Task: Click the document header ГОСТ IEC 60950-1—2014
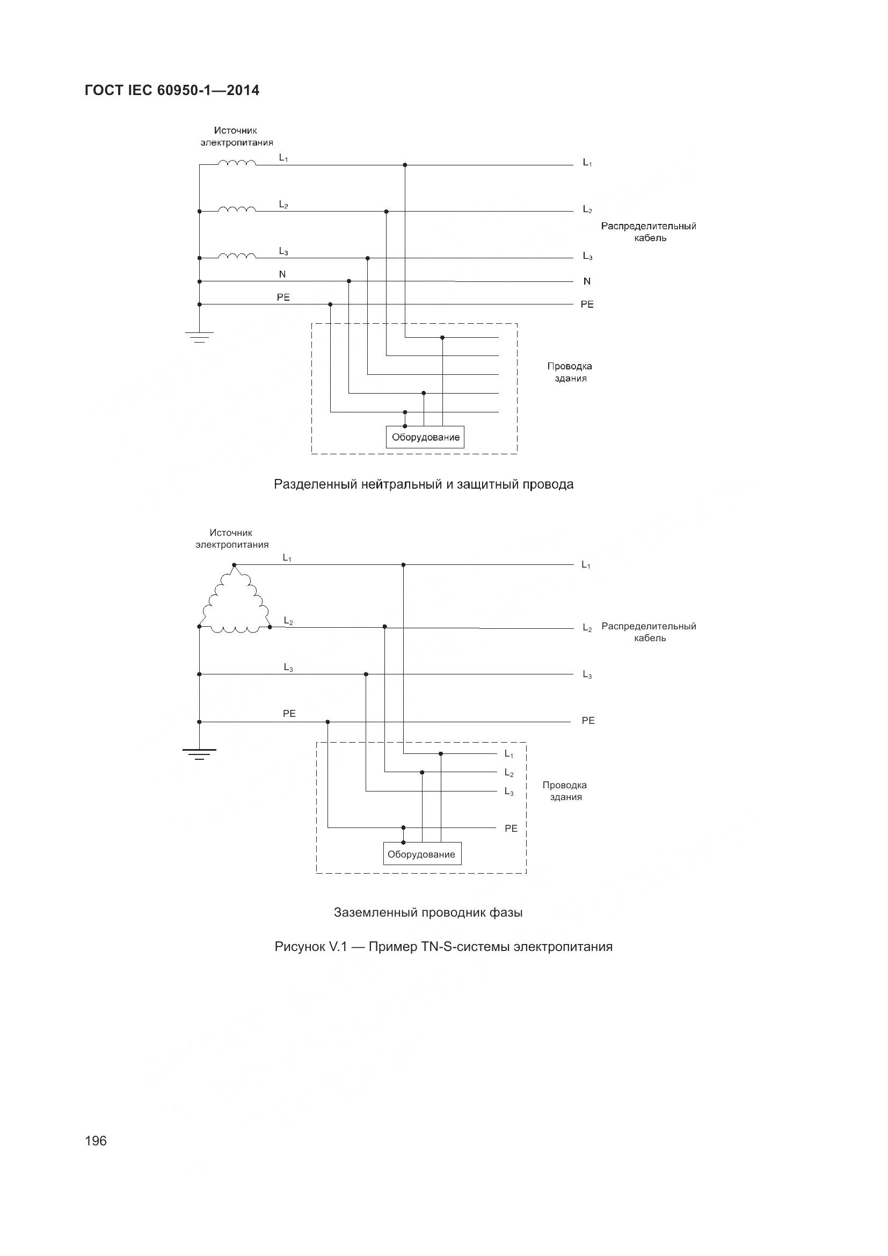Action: click(172, 90)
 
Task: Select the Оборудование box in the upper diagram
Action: click(425, 437)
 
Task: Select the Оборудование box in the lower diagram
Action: click(421, 854)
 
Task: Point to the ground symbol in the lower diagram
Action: click(199, 754)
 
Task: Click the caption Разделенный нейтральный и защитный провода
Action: click(424, 484)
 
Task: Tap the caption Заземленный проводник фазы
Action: click(428, 912)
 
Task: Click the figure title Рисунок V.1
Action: click(443, 947)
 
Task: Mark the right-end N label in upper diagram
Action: click(587, 281)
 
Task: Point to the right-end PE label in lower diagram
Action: click(588, 721)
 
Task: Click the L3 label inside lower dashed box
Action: click(509, 792)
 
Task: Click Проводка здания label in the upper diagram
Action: click(569, 372)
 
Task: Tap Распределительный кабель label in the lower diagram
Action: click(649, 632)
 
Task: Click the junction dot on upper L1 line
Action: click(405, 165)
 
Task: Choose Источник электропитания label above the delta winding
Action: click(232, 538)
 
